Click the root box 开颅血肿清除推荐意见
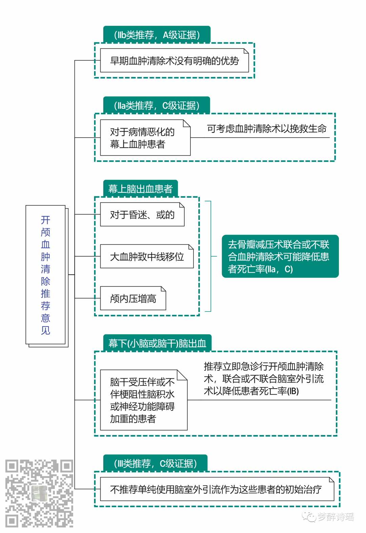[x=45, y=275]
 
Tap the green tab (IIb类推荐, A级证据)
[x=157, y=35]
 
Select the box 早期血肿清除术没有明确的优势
[x=174, y=61]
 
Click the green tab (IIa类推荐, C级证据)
[x=157, y=105]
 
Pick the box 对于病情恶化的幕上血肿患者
[x=145, y=138]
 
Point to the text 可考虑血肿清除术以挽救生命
[x=266, y=129]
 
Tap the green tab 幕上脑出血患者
[x=140, y=189]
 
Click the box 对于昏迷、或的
[x=142, y=215]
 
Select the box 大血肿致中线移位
[x=147, y=257]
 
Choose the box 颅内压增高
[x=133, y=298]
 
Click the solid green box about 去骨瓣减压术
[x=280, y=257]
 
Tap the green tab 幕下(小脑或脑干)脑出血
[x=157, y=343]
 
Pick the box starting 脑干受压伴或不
[x=143, y=400]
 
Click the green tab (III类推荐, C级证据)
[x=155, y=463]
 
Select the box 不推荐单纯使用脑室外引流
[x=217, y=489]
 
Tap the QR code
[x=39, y=493]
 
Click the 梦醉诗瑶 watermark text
[x=335, y=517]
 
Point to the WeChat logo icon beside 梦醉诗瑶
[x=309, y=517]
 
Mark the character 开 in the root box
[x=45, y=220]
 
